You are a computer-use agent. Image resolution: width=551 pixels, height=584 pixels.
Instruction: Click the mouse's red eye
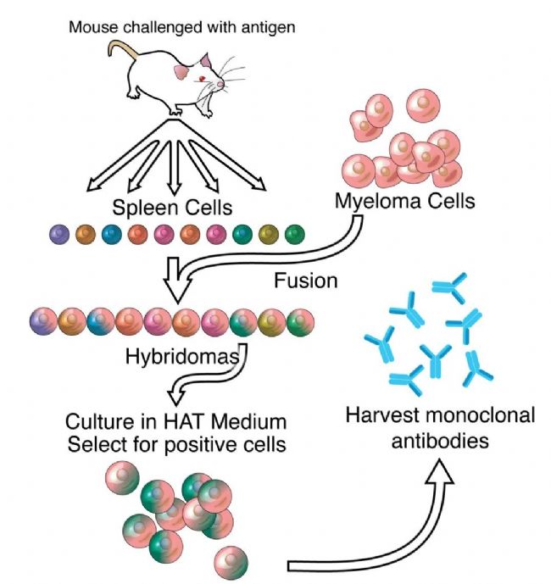[x=202, y=79]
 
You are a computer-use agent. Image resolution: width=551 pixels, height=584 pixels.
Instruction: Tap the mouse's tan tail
[x=122, y=46]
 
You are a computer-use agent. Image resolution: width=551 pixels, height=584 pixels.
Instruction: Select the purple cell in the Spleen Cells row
[x=59, y=235]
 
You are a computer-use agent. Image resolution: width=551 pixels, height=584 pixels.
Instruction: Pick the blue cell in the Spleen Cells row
[x=112, y=235]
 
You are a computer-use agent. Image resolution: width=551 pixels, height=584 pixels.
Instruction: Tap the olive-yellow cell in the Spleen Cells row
[x=269, y=235]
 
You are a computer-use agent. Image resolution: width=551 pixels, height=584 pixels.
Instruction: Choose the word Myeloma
[x=378, y=202]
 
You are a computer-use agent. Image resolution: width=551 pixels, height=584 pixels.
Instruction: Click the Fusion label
[x=306, y=281]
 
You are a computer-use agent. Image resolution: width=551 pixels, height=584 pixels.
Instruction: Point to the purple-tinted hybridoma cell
[x=43, y=321]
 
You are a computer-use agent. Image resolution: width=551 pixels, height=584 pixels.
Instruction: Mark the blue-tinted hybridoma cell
[x=101, y=321]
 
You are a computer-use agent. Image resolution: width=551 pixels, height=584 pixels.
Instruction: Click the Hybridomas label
[x=182, y=357]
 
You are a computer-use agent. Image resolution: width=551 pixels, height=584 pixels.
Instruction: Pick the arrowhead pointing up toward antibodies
[x=440, y=472]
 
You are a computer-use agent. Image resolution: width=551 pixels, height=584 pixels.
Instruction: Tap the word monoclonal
[x=482, y=415]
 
